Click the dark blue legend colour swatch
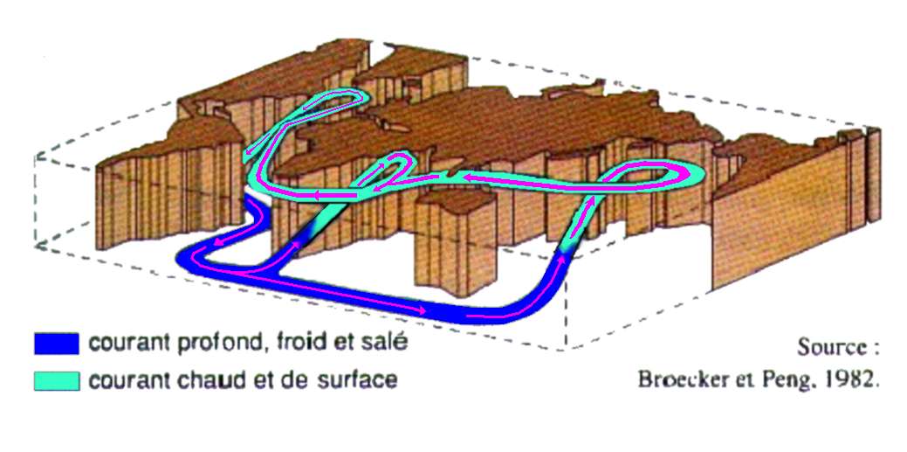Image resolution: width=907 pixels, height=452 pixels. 57,343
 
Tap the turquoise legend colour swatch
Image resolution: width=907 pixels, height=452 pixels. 57,380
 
